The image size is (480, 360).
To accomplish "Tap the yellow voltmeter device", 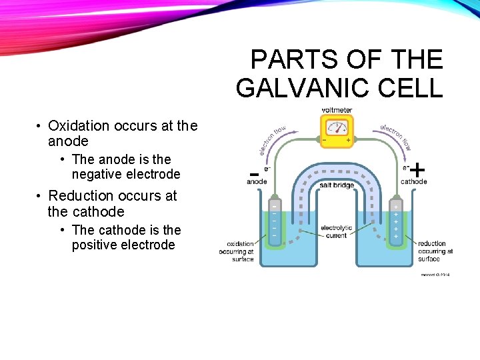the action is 337,130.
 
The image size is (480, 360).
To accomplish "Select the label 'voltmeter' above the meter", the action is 337,110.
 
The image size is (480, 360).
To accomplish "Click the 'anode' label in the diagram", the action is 257,181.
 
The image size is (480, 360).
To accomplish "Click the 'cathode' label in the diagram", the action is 414,181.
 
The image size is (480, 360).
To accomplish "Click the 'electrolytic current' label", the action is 336,232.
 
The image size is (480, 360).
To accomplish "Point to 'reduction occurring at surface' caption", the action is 435,251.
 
